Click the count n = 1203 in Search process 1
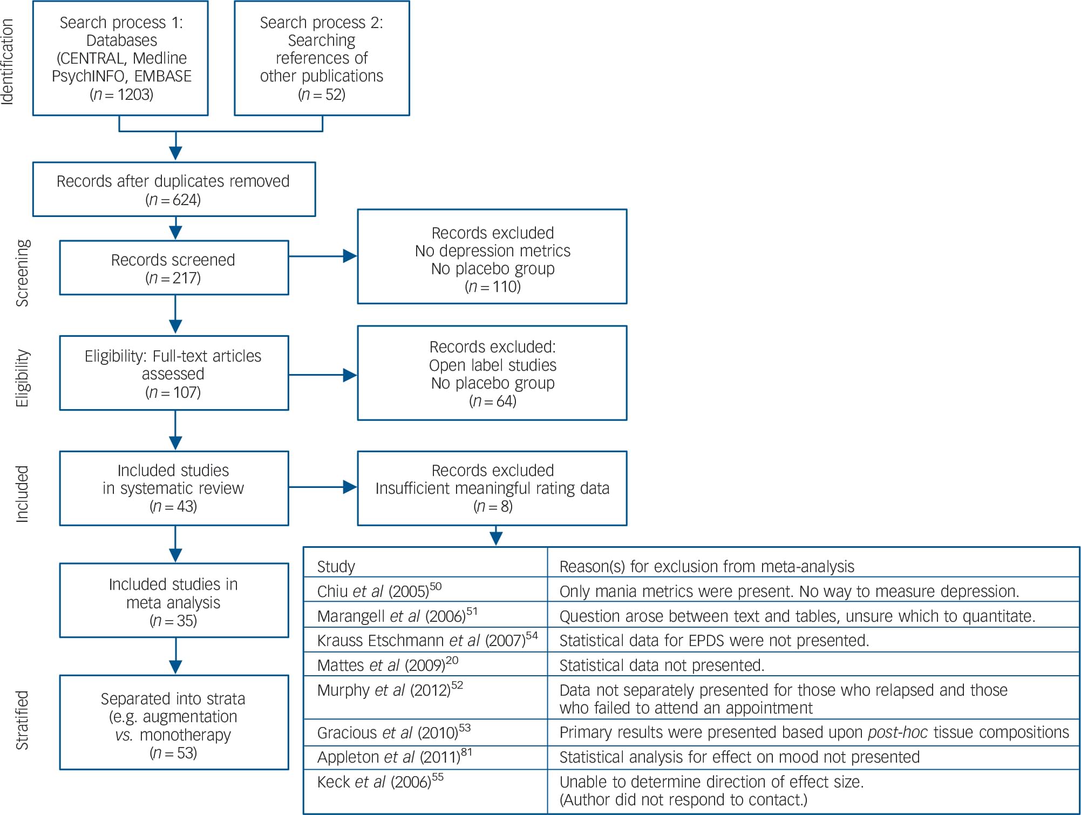(121, 94)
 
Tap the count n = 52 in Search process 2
(322, 94)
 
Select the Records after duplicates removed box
(174, 189)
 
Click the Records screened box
(174, 268)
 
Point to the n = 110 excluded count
(492, 286)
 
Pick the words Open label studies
(492, 365)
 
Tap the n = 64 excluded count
(492, 401)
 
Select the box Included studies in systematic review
(174, 488)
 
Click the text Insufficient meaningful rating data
(492, 488)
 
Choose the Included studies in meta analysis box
(174, 601)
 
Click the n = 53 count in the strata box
(173, 753)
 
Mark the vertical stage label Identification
(8, 62)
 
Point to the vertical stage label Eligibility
(22, 378)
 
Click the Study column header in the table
(336, 567)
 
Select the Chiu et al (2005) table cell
(379, 591)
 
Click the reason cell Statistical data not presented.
(662, 665)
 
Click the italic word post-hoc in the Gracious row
(898, 732)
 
